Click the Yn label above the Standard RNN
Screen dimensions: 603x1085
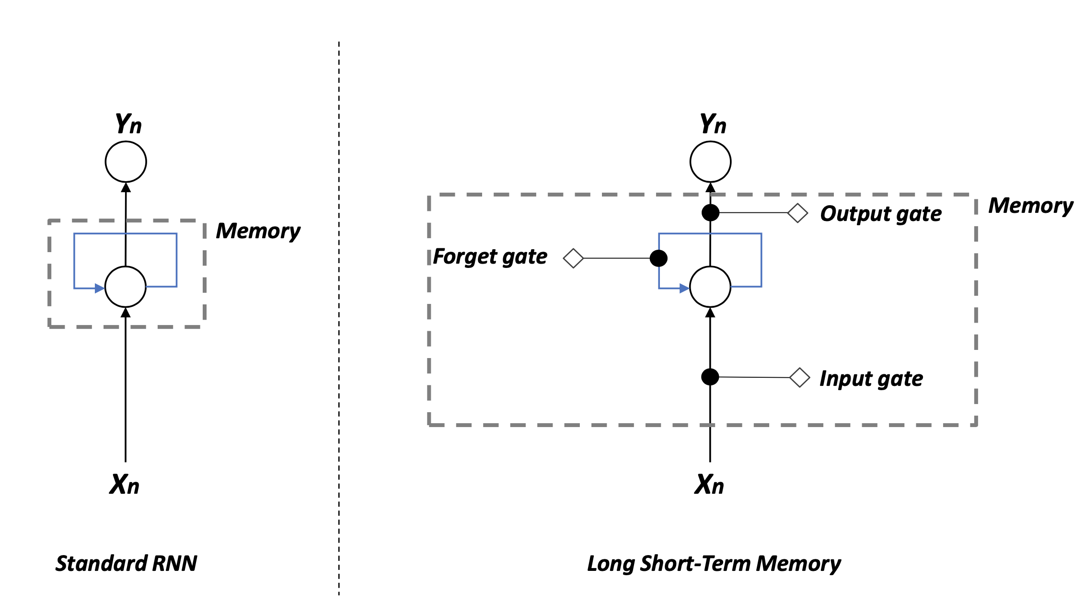click(128, 124)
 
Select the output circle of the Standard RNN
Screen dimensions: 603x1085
click(126, 162)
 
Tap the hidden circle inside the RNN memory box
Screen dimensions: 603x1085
click(126, 287)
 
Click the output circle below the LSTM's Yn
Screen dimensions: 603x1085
click(710, 162)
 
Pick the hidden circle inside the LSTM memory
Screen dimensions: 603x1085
click(710, 287)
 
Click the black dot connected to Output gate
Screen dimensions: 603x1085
click(710, 212)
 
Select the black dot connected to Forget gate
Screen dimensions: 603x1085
click(658, 258)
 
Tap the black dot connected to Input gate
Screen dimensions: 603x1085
click(710, 377)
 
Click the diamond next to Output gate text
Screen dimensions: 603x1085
click(798, 213)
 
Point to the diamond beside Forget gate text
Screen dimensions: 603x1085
click(573, 258)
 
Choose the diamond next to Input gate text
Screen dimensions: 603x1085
click(800, 378)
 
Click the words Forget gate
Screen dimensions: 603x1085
click(490, 257)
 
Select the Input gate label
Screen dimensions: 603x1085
click(871, 379)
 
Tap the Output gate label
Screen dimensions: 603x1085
click(881, 214)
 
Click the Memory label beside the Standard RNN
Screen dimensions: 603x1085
click(258, 231)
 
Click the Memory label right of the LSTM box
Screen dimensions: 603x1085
click(1030, 206)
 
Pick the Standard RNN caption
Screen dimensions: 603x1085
click(126, 563)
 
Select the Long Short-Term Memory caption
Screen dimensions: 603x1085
click(714, 564)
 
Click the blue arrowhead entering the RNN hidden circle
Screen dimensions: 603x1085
click(100, 288)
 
